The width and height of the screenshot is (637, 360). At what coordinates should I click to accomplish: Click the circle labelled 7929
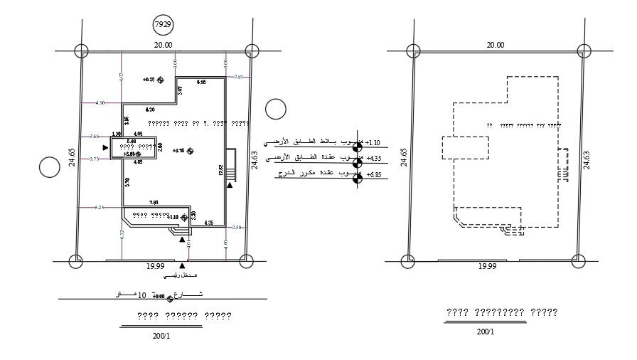coord(164,25)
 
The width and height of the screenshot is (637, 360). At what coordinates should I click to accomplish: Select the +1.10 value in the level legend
coord(373,142)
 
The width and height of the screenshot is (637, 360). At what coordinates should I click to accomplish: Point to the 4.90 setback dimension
coord(100,103)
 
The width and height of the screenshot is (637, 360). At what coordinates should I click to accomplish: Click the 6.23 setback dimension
coord(100,207)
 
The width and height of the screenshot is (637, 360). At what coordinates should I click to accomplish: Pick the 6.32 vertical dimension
coord(122,233)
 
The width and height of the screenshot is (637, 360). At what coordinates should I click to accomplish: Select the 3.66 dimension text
coord(94,136)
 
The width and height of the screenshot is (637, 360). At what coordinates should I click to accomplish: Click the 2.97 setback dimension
coord(238,77)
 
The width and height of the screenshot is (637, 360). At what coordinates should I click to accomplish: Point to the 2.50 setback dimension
coord(237,227)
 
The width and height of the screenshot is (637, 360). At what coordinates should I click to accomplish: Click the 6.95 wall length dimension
coord(201,83)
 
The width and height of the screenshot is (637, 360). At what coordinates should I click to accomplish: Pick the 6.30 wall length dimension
coord(150,110)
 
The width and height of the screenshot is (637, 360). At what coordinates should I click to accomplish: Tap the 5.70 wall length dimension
coord(127,182)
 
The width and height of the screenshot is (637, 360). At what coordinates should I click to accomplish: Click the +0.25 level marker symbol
coord(161,80)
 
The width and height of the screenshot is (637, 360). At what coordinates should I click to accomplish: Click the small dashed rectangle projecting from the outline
coord(465,147)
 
